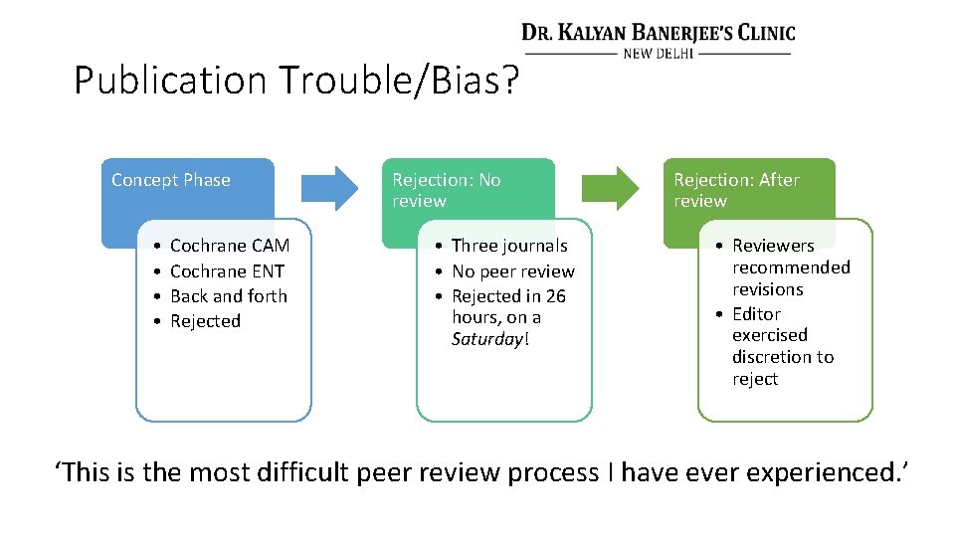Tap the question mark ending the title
(510, 81)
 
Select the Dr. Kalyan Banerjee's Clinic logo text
(659, 33)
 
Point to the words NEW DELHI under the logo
(659, 53)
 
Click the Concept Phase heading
(170, 180)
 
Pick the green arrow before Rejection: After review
(611, 186)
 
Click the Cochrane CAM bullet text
(230, 246)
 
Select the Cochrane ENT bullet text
(227, 270)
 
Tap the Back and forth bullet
(228, 296)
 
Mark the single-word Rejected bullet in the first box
(205, 321)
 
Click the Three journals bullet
(509, 246)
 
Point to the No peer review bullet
(513, 271)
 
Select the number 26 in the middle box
(555, 296)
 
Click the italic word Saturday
(486, 340)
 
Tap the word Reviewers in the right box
(773, 246)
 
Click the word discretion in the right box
(783, 357)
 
